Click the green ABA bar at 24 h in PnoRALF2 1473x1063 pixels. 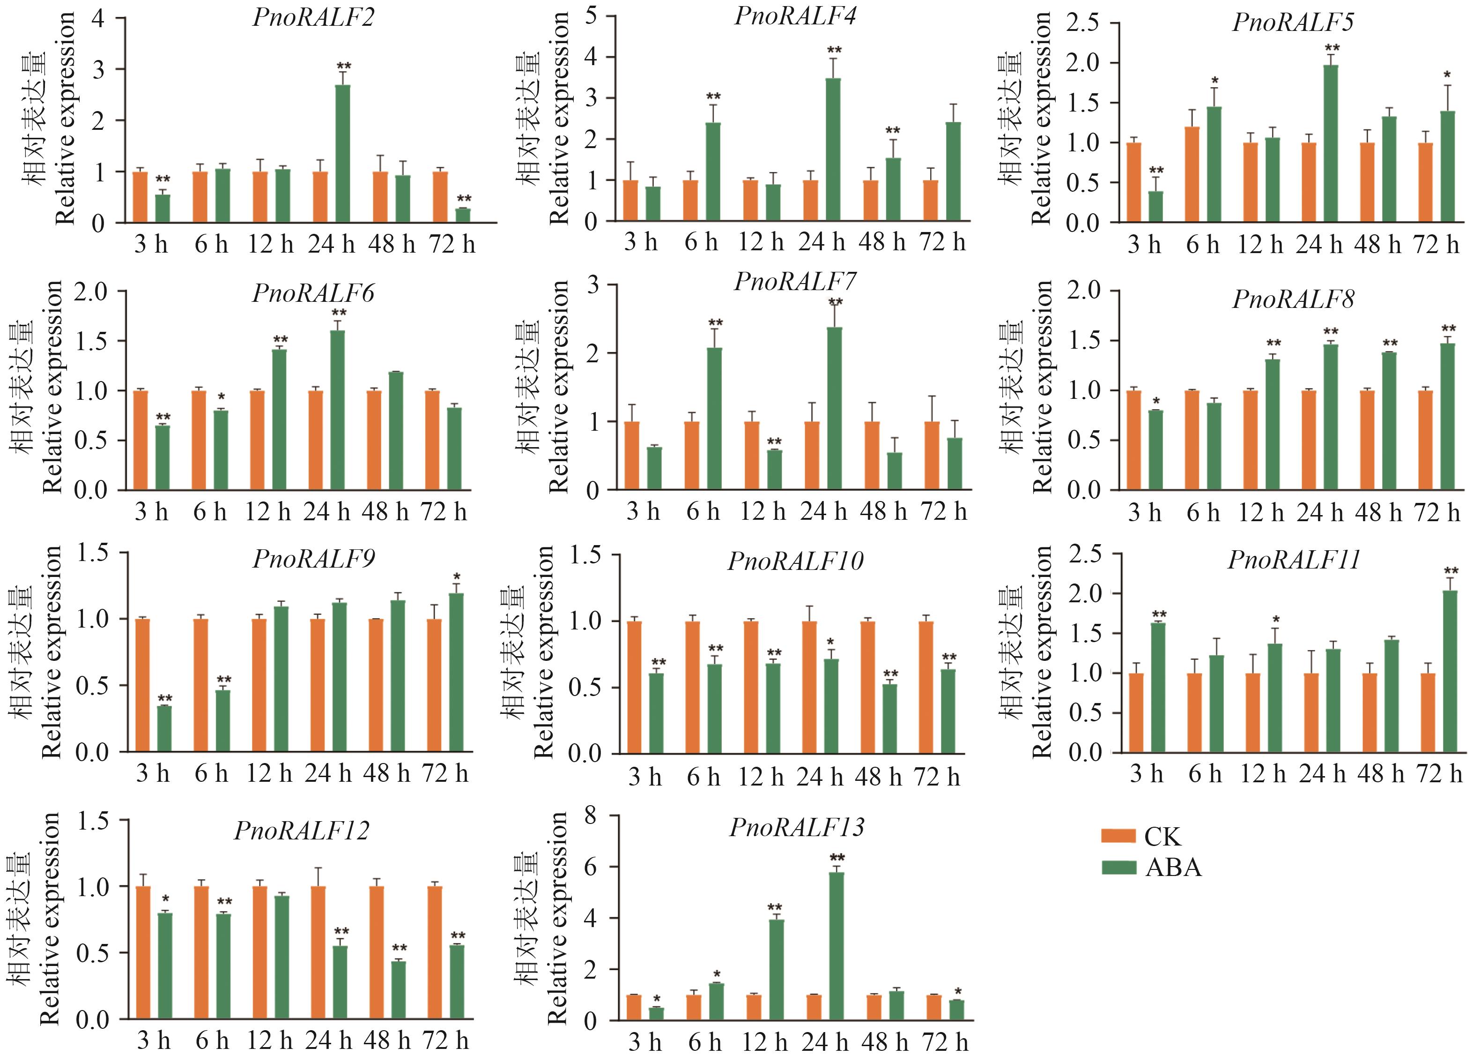(x=343, y=154)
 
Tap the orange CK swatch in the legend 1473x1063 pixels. (x=1118, y=836)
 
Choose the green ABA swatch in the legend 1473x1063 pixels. (x=1118, y=868)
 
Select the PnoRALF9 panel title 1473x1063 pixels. (x=314, y=559)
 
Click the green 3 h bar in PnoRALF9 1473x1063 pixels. (x=164, y=728)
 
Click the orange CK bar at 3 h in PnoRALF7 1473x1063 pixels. (x=631, y=456)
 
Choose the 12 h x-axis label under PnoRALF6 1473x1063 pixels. (x=267, y=512)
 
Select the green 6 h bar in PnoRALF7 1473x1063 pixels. (x=714, y=419)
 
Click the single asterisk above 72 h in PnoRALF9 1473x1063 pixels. (x=457, y=577)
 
